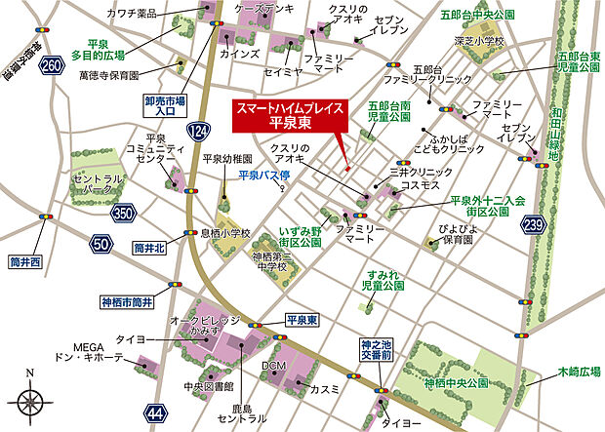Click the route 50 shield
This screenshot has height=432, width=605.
(101, 244)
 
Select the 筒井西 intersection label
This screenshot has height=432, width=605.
(23, 261)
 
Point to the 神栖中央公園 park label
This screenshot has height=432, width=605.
(456, 382)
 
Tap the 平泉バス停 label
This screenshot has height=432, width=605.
(264, 176)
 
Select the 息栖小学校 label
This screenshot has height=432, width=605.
(225, 234)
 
